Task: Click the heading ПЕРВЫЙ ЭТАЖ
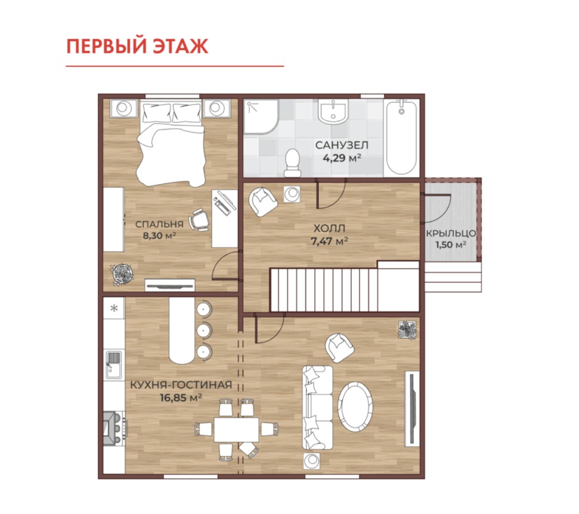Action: [137, 46]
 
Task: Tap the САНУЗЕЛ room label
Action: [342, 145]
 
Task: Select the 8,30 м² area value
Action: [159, 235]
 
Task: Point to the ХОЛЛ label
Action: [330, 228]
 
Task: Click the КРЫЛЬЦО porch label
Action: [451, 234]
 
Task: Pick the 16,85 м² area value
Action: [181, 397]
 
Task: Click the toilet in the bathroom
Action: [293, 163]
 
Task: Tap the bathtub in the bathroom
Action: [402, 137]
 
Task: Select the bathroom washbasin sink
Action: [333, 112]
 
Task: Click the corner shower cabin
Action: [261, 116]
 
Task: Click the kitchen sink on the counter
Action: [114, 365]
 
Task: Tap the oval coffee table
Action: [355, 406]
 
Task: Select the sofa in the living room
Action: [317, 408]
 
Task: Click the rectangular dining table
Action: [237, 429]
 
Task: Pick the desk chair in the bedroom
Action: [199, 220]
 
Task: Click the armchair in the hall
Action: [262, 201]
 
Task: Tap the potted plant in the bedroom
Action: [122, 274]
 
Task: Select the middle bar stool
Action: [204, 330]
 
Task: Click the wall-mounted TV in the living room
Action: [412, 409]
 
